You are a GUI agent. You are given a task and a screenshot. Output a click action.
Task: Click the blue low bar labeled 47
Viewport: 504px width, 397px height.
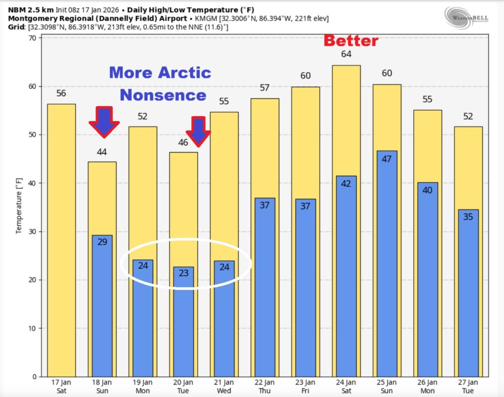coord(387,264)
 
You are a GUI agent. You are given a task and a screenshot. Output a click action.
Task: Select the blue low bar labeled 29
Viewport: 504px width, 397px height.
coord(102,305)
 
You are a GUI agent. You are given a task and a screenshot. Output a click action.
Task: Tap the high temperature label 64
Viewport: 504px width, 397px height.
coord(346,54)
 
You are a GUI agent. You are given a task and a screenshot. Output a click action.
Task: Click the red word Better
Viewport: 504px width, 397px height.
coord(350,41)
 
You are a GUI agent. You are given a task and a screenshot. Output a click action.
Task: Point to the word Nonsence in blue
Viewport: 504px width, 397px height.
coord(162,95)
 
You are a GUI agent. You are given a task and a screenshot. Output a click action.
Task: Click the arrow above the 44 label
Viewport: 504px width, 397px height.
coord(103,121)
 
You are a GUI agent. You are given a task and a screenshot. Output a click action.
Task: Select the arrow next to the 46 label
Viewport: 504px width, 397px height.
coord(198,132)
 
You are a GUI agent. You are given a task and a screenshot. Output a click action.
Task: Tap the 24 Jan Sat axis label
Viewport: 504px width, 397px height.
coord(346,386)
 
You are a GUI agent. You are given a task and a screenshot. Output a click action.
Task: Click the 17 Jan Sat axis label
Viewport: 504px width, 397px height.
coord(61,386)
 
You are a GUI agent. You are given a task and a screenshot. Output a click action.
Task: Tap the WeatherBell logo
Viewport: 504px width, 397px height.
coord(467,17)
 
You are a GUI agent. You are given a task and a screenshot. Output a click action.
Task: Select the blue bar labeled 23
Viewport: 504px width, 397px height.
coord(184,322)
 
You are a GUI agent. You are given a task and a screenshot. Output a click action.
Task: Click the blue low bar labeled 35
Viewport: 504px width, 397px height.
coord(468,293)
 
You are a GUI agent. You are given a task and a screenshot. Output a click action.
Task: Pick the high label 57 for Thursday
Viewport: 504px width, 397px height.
coord(265,88)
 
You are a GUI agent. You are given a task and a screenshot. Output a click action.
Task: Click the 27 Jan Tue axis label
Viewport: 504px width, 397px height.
coord(468,386)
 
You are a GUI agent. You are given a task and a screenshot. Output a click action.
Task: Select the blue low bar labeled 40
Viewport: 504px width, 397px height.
coord(427,280)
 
